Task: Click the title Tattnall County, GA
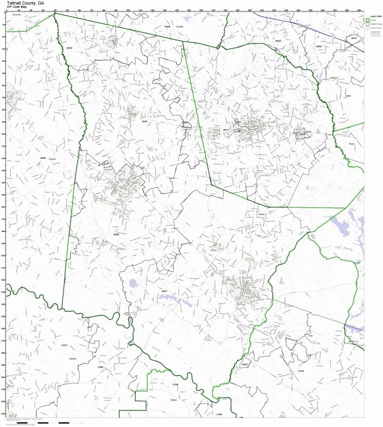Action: pos(25,3)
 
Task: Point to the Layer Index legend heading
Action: pos(373,16)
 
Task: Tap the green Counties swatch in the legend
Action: pos(367,20)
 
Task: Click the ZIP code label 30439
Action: pos(167,27)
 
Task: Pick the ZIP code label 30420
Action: pos(69,48)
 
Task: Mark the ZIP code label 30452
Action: pos(278,41)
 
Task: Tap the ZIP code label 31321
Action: pos(347,95)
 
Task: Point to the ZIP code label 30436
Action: pos(43,158)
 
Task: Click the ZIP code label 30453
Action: pos(116,235)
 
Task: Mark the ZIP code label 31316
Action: pos(301,371)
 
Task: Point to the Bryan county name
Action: pos(351,143)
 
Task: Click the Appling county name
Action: pos(72,359)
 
